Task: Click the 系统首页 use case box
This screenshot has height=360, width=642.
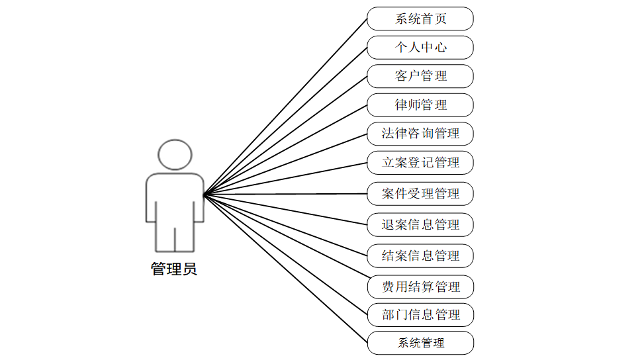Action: point(420,19)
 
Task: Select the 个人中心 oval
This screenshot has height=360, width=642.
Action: point(420,48)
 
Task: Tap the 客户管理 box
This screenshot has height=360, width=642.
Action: point(420,76)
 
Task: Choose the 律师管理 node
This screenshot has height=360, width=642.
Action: point(420,105)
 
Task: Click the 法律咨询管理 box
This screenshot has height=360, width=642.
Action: point(420,134)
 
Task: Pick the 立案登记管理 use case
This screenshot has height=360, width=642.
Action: point(420,162)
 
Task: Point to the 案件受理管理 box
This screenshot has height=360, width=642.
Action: point(420,194)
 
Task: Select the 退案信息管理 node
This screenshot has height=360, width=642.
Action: point(420,225)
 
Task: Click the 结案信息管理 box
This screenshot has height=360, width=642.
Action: point(420,256)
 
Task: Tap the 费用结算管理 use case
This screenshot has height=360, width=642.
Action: point(420,287)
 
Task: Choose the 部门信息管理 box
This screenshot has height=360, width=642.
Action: point(420,315)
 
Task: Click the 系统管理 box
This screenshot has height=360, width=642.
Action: point(420,343)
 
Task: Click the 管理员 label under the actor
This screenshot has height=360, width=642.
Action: point(174,270)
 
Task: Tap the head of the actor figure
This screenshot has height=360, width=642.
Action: point(175,155)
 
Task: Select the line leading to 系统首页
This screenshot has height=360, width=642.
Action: point(285,107)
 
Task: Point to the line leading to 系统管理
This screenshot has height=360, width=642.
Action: point(285,268)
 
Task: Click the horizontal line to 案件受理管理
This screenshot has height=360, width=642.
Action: point(285,194)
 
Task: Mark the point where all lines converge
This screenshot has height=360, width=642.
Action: point(205,194)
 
